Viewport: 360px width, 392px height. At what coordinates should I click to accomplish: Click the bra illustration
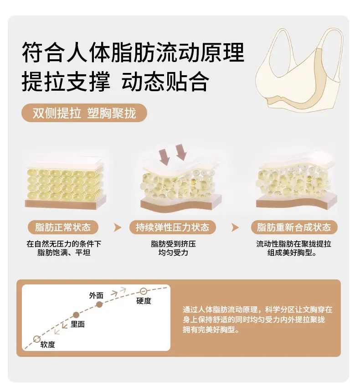tap(298, 73)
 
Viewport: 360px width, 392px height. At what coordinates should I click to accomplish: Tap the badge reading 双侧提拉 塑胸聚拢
tap(84, 113)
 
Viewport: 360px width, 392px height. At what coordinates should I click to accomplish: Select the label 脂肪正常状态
tap(63, 227)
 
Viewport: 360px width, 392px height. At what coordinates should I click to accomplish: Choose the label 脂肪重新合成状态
tap(294, 227)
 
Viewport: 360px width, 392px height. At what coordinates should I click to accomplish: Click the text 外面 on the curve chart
tap(96, 295)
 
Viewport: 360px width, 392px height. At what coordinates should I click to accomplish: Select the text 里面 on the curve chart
tap(77, 324)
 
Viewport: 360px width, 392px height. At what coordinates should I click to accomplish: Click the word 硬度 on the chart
tap(144, 301)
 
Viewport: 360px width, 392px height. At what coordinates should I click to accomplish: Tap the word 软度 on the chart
tap(47, 345)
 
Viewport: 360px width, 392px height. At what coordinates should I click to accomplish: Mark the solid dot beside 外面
tap(99, 304)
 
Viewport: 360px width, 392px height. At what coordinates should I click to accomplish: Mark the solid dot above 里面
tap(76, 315)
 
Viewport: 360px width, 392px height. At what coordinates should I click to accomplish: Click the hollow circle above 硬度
tap(143, 291)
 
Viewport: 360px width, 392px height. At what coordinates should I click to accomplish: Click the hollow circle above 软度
tap(37, 339)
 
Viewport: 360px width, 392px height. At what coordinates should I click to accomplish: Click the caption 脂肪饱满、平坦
tap(64, 253)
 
